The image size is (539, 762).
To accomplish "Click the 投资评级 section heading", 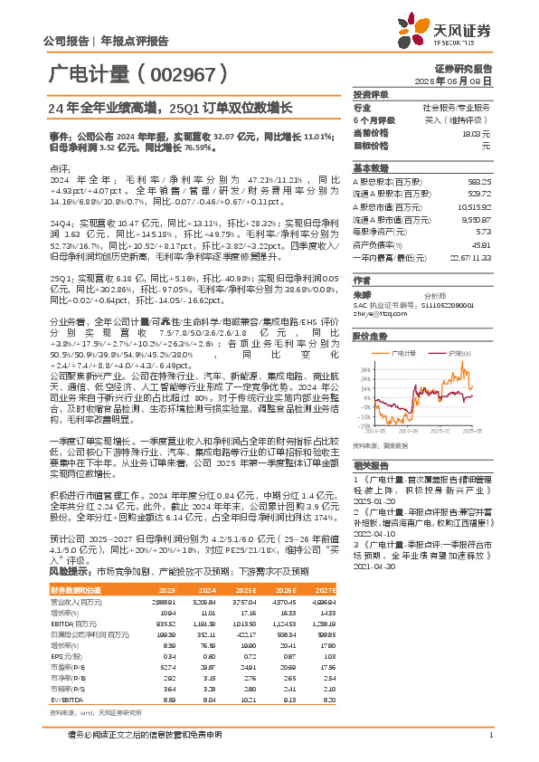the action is pyautogui.click(x=370, y=94).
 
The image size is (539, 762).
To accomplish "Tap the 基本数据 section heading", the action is pyautogui.click(x=370, y=168).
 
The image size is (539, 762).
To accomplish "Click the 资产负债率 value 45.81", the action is pyautogui.click(x=481, y=244).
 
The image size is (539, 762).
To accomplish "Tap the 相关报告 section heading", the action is pyautogui.click(x=370, y=461).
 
